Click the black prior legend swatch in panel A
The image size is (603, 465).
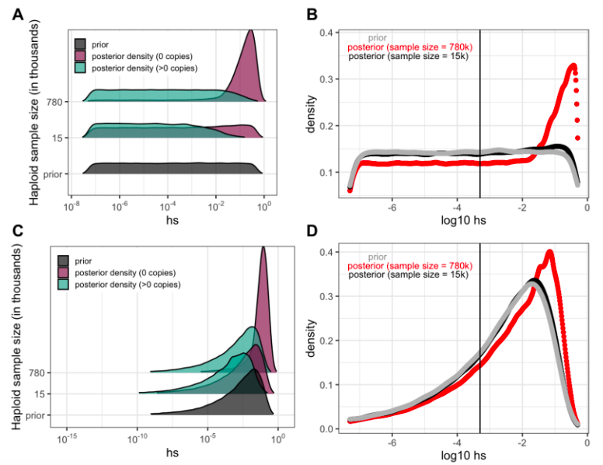(x=80, y=44)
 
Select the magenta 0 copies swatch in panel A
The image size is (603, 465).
(x=80, y=56)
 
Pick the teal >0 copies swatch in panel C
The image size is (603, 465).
(x=64, y=285)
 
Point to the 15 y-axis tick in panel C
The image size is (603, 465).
(x=45, y=393)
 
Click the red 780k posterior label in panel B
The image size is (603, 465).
(x=410, y=47)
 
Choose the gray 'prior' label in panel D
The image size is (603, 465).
(x=378, y=257)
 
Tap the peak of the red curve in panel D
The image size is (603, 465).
(x=549, y=252)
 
